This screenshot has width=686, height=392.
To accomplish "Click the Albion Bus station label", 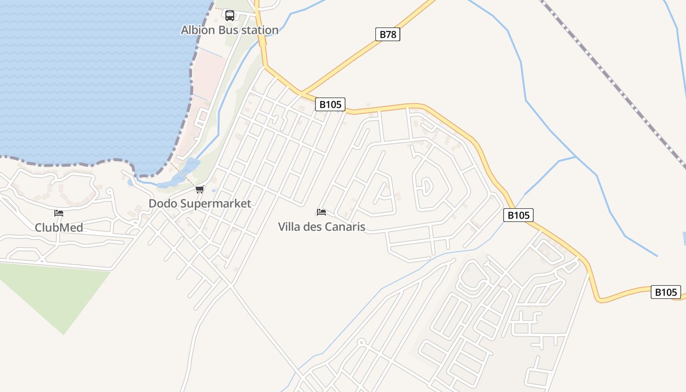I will [229, 30].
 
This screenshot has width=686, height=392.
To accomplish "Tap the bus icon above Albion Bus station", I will [229, 16].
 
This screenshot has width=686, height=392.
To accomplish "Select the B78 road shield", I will [388, 34].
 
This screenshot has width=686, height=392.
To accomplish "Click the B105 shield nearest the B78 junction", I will [330, 104].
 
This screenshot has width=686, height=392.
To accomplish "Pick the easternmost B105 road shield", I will [665, 292].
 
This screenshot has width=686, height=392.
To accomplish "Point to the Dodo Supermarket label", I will [200, 203].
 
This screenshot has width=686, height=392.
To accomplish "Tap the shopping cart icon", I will [199, 190].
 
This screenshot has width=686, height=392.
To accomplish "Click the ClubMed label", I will [59, 227].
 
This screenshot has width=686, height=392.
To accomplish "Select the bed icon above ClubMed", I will [59, 213].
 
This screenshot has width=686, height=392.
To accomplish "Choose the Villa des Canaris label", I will [321, 227].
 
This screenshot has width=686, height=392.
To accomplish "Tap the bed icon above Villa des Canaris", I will [321, 212].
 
